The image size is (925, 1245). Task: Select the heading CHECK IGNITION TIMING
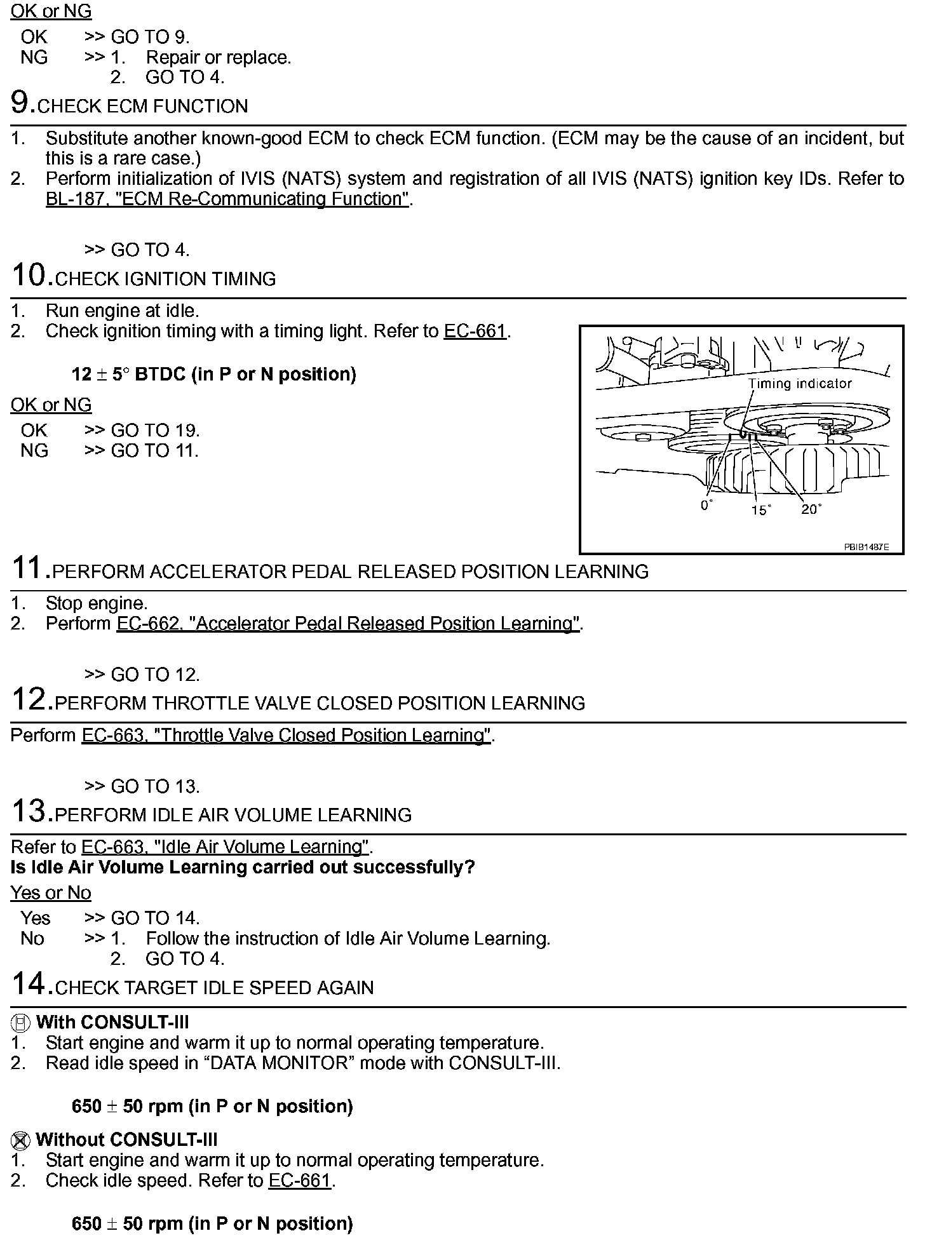pos(165,279)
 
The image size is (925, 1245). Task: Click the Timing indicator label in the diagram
pos(799,384)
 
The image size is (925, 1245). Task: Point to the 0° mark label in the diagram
pos(706,506)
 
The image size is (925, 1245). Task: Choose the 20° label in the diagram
pos(811,509)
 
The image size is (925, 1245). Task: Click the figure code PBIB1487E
pos(866,547)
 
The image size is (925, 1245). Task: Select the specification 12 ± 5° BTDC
pos(213,374)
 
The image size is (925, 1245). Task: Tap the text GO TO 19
pos(155,431)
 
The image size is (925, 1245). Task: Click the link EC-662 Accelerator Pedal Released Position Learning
pos(348,624)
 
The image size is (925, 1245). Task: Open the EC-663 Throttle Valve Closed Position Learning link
pos(286,736)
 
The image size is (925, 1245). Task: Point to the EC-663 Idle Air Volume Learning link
pos(226,847)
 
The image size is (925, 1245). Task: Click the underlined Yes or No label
pos(51,893)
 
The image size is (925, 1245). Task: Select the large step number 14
pos(29,984)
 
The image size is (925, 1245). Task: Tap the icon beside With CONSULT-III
pos(21,1023)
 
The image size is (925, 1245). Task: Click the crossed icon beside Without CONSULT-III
pos(21,1140)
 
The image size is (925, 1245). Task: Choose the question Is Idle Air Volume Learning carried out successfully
pos(243,868)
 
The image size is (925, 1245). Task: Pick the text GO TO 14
pos(155,919)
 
